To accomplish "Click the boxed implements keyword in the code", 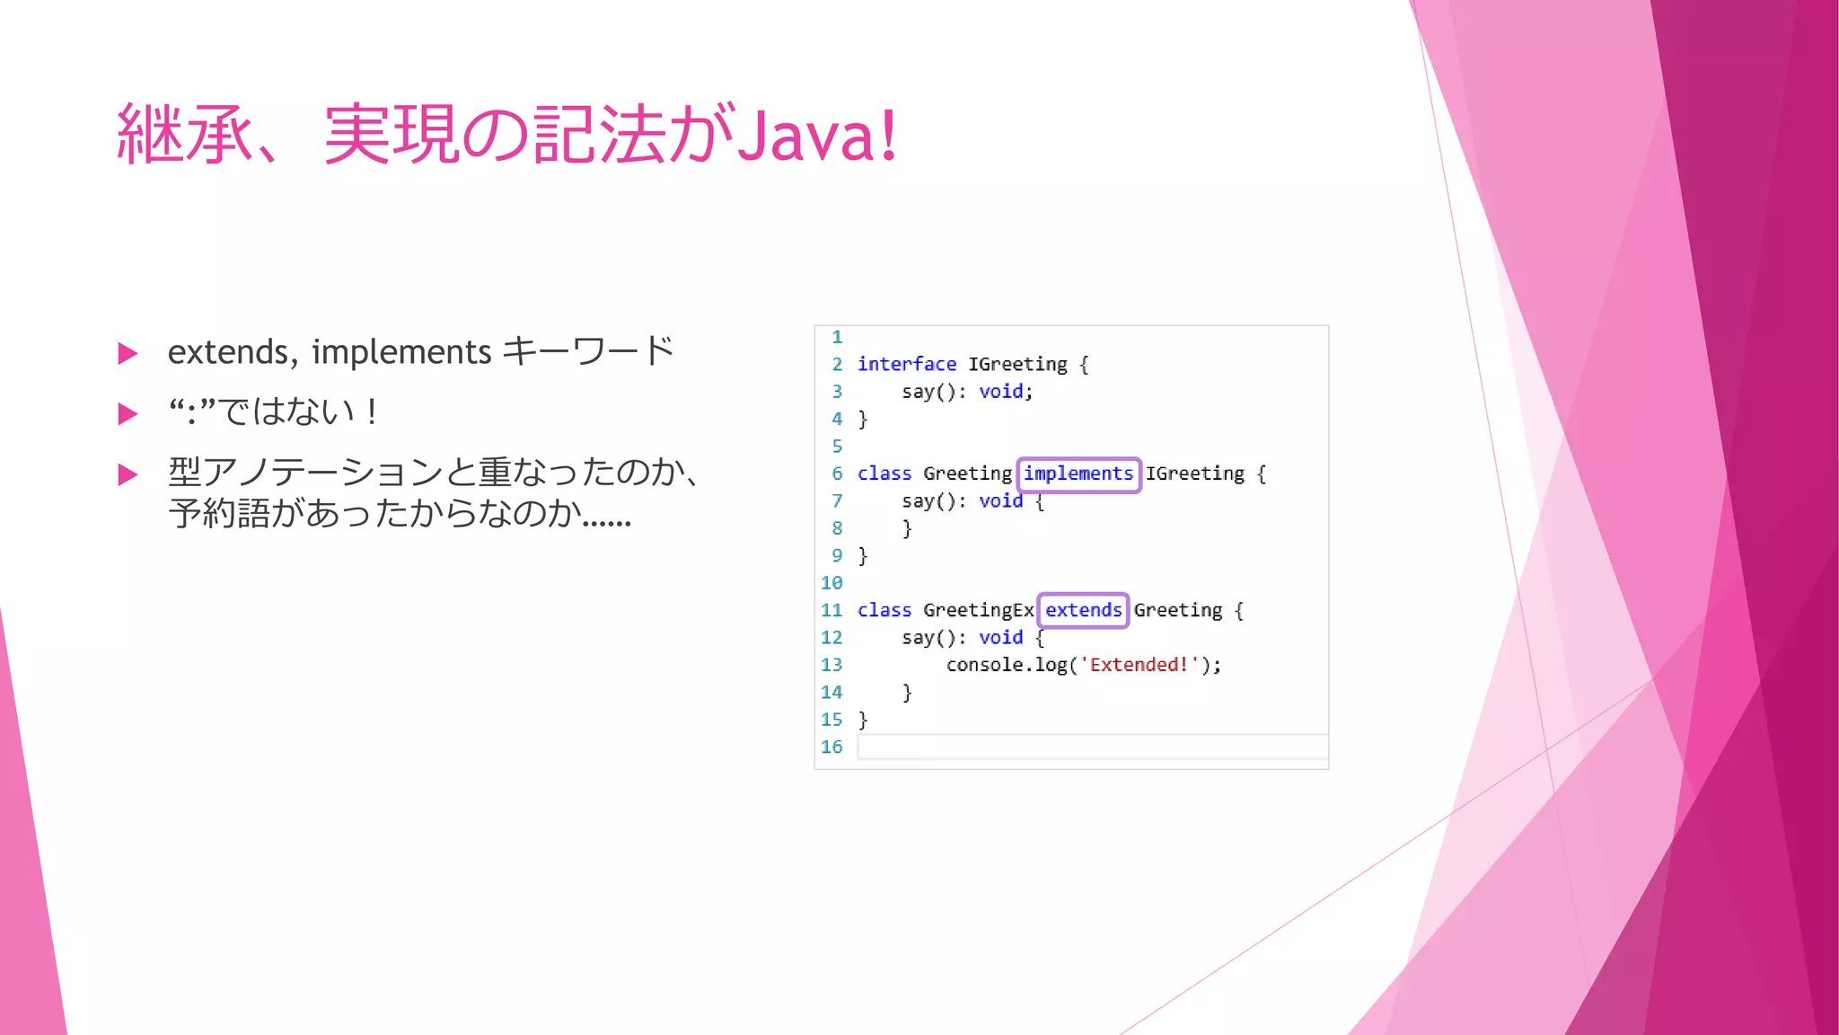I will tap(1078, 474).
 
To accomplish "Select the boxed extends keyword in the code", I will tap(1083, 611).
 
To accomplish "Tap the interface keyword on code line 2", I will tap(906, 365).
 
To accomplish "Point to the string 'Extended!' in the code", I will tap(1139, 666).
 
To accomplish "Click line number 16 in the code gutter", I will tap(832, 747).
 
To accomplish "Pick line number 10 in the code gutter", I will tap(832, 583).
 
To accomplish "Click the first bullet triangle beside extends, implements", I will tap(128, 354).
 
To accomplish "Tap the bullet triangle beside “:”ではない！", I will tap(128, 414).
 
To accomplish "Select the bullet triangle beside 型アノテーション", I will tap(128, 474).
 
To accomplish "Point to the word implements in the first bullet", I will tap(401, 352).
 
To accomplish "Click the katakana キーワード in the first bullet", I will tap(588, 351).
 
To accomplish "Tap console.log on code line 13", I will tap(1006, 666).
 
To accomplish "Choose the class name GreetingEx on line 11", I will tap(978, 611).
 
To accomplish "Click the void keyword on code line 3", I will tap(1000, 392).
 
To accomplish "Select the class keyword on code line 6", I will tap(884, 474).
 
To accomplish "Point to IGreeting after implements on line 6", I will tap(1194, 474).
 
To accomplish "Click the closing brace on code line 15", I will tap(863, 721).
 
